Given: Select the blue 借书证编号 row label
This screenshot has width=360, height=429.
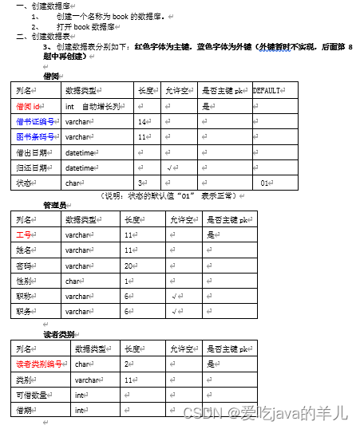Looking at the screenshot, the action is click(x=35, y=121).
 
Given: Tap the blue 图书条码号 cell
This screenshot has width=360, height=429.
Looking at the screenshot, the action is click(x=35, y=136).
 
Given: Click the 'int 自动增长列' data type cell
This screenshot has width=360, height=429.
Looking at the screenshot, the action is click(x=93, y=106).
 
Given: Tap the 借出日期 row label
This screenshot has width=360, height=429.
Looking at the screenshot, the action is click(x=31, y=152).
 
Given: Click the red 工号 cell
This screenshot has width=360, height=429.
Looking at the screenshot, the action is click(x=24, y=235).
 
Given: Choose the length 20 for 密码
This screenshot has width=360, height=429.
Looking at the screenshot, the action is click(x=128, y=266).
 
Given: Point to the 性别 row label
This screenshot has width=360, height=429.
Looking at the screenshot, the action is click(x=24, y=281).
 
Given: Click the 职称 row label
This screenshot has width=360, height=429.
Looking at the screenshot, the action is click(x=24, y=296).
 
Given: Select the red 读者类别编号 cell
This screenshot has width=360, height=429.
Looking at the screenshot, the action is click(x=39, y=364).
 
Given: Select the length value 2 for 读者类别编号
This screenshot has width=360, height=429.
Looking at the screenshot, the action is click(x=128, y=364).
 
